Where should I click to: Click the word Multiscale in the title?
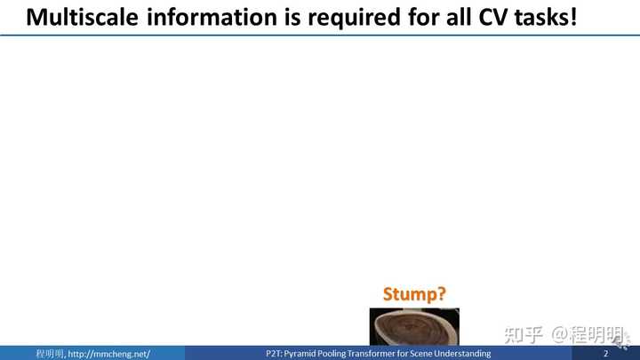(x=82, y=18)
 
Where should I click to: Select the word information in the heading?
(x=212, y=17)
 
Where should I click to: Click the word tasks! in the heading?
(x=546, y=18)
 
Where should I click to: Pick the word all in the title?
(x=458, y=17)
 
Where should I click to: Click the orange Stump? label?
(x=414, y=294)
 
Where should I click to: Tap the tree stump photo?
(x=414, y=327)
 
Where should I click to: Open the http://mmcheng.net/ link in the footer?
(x=109, y=354)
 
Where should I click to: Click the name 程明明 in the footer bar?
(x=50, y=354)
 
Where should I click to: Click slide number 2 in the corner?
(x=605, y=354)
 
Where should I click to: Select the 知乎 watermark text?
(x=524, y=335)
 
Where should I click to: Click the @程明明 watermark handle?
(x=588, y=335)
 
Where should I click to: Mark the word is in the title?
(x=292, y=17)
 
